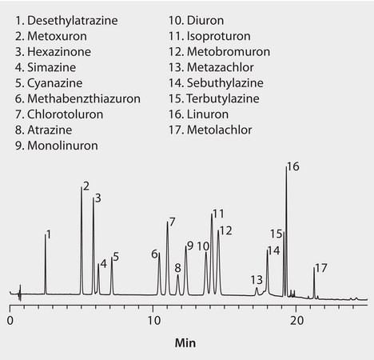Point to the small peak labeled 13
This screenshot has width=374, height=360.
tap(257, 290)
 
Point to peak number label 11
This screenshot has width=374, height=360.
tap(218, 214)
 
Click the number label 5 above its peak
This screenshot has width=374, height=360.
tap(116, 257)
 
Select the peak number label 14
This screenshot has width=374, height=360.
tap(274, 250)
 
